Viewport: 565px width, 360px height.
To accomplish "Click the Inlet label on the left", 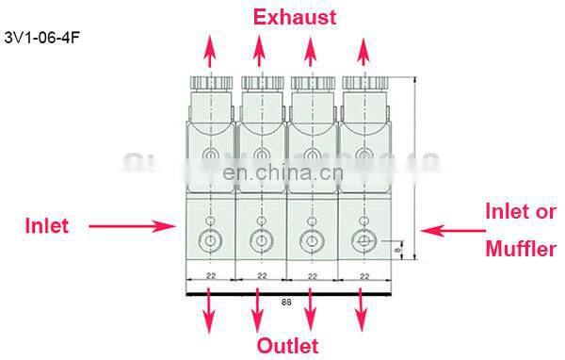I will pyautogui.click(x=47, y=226).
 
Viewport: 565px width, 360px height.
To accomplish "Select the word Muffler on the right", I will pyautogui.click(x=521, y=250).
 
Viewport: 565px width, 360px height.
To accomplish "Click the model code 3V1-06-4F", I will pyautogui.click(x=37, y=41).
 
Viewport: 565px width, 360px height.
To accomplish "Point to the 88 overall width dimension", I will pyautogui.click(x=285, y=303).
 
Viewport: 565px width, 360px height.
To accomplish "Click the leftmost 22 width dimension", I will pyautogui.click(x=209, y=276).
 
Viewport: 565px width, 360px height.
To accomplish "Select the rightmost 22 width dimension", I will pyautogui.click(x=363, y=276).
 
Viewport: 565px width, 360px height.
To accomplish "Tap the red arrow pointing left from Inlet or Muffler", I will pyautogui.click(x=450, y=229).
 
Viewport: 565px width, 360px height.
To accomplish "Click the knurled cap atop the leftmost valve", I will pyautogui.click(x=208, y=83).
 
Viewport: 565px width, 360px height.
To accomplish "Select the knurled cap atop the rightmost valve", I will pyautogui.click(x=363, y=83).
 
